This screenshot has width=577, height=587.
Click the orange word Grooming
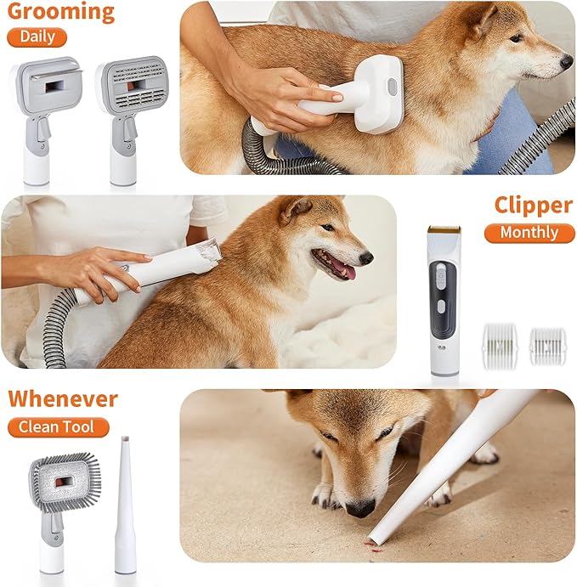[x=60, y=12]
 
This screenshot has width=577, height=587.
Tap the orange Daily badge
[x=37, y=37]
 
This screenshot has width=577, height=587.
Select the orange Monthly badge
[x=529, y=233]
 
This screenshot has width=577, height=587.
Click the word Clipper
[x=533, y=206]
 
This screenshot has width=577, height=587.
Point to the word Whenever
[x=63, y=398]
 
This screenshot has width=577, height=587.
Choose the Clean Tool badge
[x=58, y=427]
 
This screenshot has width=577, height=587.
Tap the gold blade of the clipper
[x=444, y=229]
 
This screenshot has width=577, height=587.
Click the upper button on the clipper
[x=441, y=275]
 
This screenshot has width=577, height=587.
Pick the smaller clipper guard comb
[x=548, y=346]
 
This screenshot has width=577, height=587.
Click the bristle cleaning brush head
[x=65, y=482]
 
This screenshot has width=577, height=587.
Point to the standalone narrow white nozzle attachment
[x=125, y=505]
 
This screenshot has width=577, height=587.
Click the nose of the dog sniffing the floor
[x=360, y=508]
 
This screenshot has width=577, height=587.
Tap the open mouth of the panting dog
[x=334, y=265]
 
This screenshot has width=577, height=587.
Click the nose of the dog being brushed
[x=566, y=62]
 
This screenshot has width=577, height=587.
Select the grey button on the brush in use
[x=393, y=87]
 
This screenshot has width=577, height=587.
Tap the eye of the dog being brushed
[x=516, y=37]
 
